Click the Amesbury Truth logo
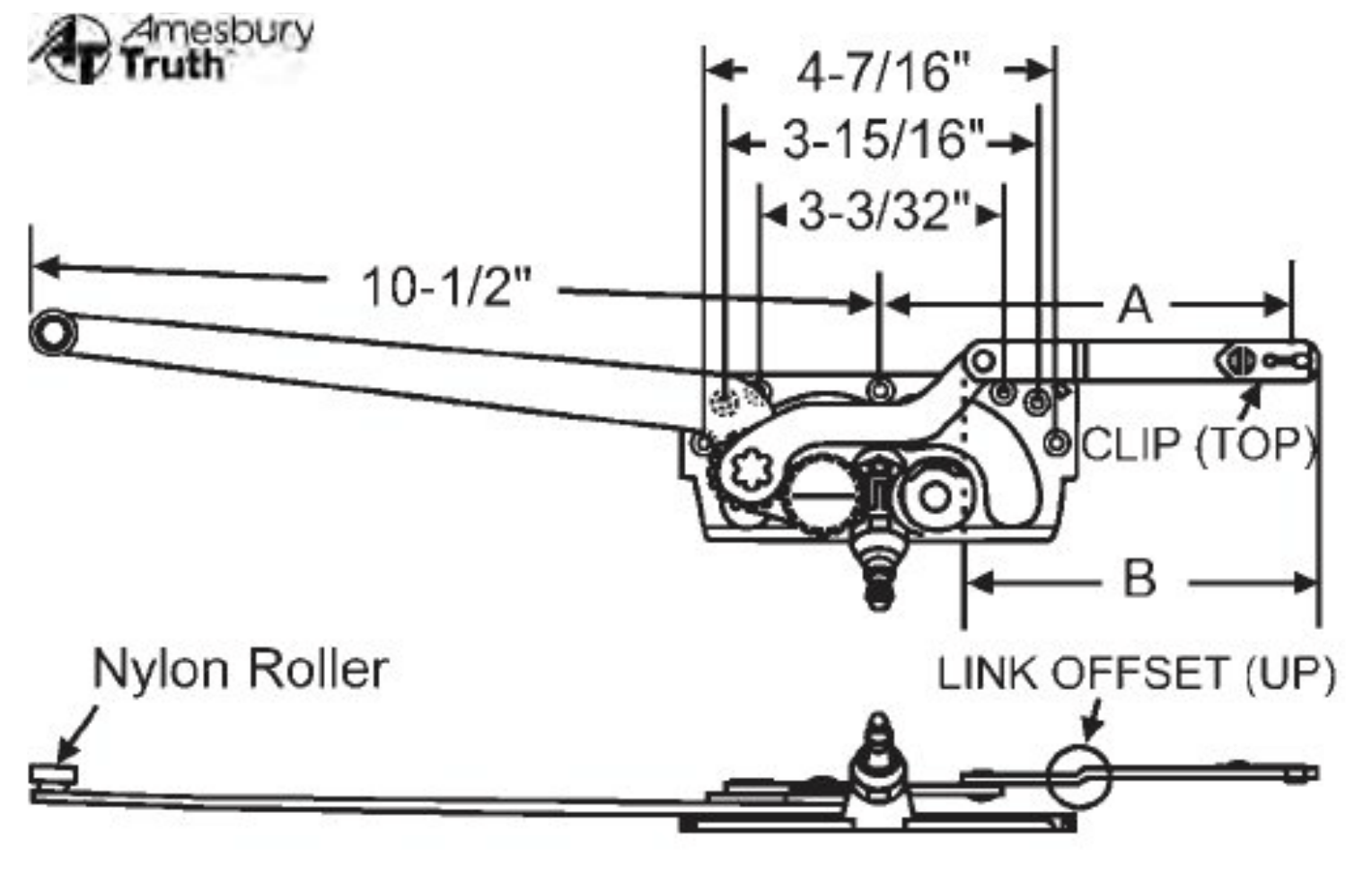[171, 48]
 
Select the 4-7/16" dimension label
[884, 73]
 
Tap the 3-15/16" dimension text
[883, 141]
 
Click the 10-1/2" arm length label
[446, 287]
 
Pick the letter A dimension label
[1136, 305]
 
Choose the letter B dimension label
[1139, 579]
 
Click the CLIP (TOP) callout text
[1199, 445]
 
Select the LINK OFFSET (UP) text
[1136, 674]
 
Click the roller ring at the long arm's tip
[53, 333]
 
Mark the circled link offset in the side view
[1079, 777]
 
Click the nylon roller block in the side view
[53, 774]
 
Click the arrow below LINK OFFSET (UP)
[1091, 720]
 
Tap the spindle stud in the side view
[878, 755]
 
